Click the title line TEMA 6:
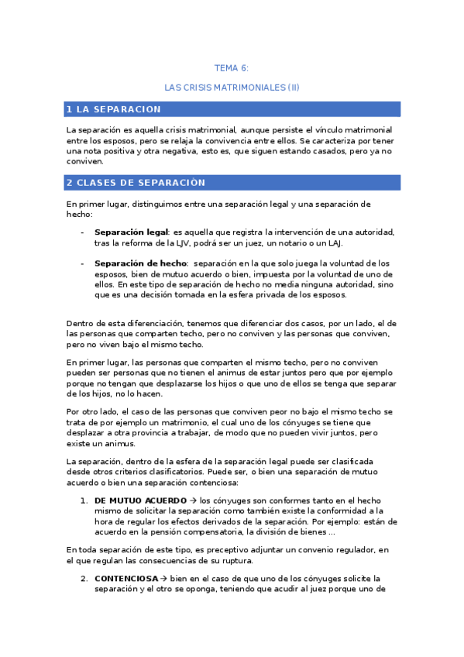click(232, 68)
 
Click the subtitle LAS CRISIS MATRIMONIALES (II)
click(232, 88)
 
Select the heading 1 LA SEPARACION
click(114, 109)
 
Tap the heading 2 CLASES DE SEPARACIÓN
click(136, 183)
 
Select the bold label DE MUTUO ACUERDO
click(140, 500)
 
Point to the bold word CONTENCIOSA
click(125, 578)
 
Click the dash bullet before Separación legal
click(83, 232)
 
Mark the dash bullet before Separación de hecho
click(83, 263)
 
